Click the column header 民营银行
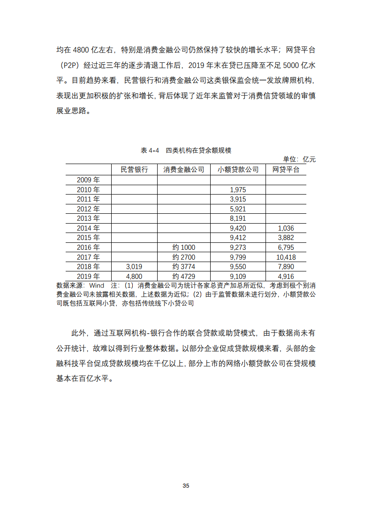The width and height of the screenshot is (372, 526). (x=134, y=170)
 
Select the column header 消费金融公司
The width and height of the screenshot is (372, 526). (x=183, y=170)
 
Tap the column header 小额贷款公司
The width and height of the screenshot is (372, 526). (x=238, y=170)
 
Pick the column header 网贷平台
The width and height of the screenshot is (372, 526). (x=286, y=170)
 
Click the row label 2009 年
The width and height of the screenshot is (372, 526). (x=88, y=180)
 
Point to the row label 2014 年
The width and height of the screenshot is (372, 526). (x=88, y=228)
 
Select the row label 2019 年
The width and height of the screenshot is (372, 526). (x=88, y=277)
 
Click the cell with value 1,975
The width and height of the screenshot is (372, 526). (x=238, y=190)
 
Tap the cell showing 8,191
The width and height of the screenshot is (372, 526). (x=238, y=218)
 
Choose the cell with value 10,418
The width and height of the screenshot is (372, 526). (x=286, y=257)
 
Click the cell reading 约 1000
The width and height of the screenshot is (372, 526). (x=183, y=248)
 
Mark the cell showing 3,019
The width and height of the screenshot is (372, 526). (x=134, y=267)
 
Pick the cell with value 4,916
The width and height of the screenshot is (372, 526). (x=286, y=277)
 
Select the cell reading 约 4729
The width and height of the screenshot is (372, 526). (x=183, y=277)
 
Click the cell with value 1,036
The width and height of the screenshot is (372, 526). (x=286, y=228)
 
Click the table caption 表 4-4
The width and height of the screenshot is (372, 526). (x=150, y=150)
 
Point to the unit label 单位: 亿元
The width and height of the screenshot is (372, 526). (x=299, y=159)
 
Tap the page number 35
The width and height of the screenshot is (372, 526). (x=186, y=486)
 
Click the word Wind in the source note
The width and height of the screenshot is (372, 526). (x=97, y=286)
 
